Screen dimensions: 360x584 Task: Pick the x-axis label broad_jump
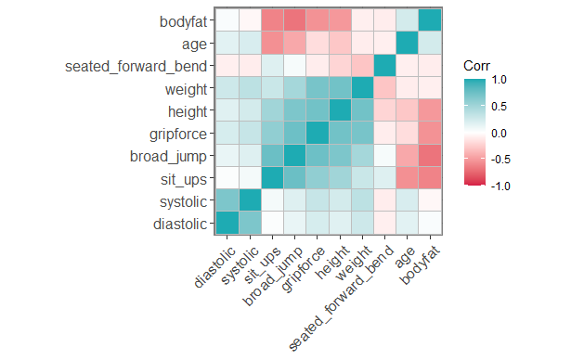268,275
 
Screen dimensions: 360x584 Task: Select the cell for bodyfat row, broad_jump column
294,20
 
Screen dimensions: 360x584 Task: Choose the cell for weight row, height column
340,87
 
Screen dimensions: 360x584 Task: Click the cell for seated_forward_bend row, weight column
362,65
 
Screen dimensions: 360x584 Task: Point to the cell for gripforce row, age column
408,133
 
